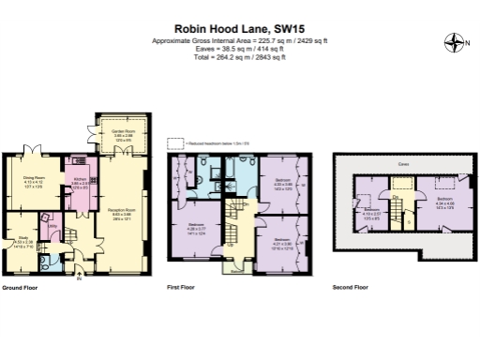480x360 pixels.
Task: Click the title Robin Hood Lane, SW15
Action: pos(240,29)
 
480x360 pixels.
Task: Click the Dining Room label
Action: pos(36,175)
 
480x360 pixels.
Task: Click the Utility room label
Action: pos(52,227)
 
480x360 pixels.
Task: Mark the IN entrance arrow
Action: pos(80,277)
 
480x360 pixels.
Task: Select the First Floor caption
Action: pos(179,287)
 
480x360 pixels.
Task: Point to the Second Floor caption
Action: pos(350,287)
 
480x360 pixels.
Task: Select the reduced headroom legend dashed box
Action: pos(174,142)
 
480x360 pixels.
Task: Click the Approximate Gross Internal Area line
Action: pos(240,42)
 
